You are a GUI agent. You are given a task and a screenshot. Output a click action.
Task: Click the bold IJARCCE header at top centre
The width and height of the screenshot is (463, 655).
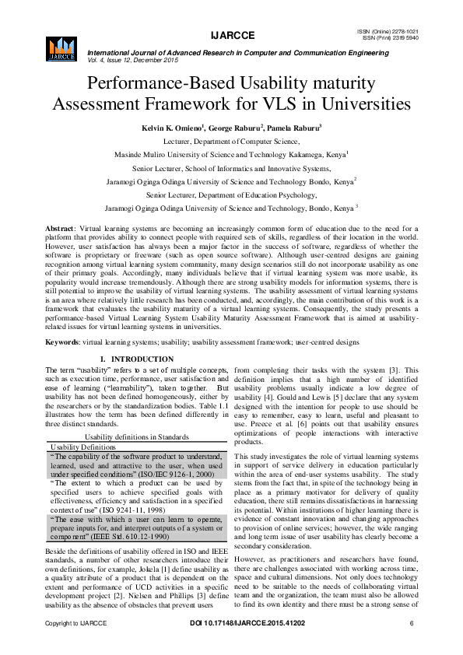tap(231, 35)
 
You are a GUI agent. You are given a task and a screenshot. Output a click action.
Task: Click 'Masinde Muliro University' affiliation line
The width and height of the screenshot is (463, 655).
tap(231, 155)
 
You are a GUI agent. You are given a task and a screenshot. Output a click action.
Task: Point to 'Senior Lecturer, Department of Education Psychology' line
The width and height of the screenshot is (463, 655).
tap(231, 195)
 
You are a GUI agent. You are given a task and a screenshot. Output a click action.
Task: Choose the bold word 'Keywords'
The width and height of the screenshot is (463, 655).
tap(63, 341)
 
